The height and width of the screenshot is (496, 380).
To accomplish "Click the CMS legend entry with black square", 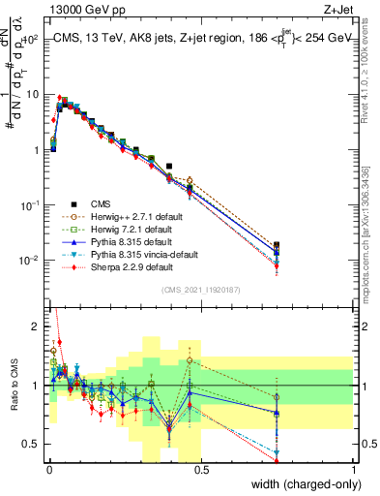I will point(101,203).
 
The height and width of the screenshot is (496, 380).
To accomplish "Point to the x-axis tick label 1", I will point(354,469).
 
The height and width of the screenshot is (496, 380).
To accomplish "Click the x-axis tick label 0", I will point(48,469).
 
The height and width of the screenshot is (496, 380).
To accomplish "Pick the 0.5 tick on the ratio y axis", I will point(32,444).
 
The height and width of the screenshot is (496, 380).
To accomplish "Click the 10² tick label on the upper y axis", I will point(30,40).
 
